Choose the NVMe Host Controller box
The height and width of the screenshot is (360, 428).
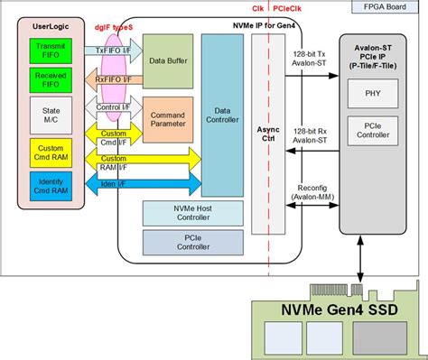click(x=189, y=213)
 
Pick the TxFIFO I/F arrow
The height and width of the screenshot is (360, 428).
click(x=113, y=52)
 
